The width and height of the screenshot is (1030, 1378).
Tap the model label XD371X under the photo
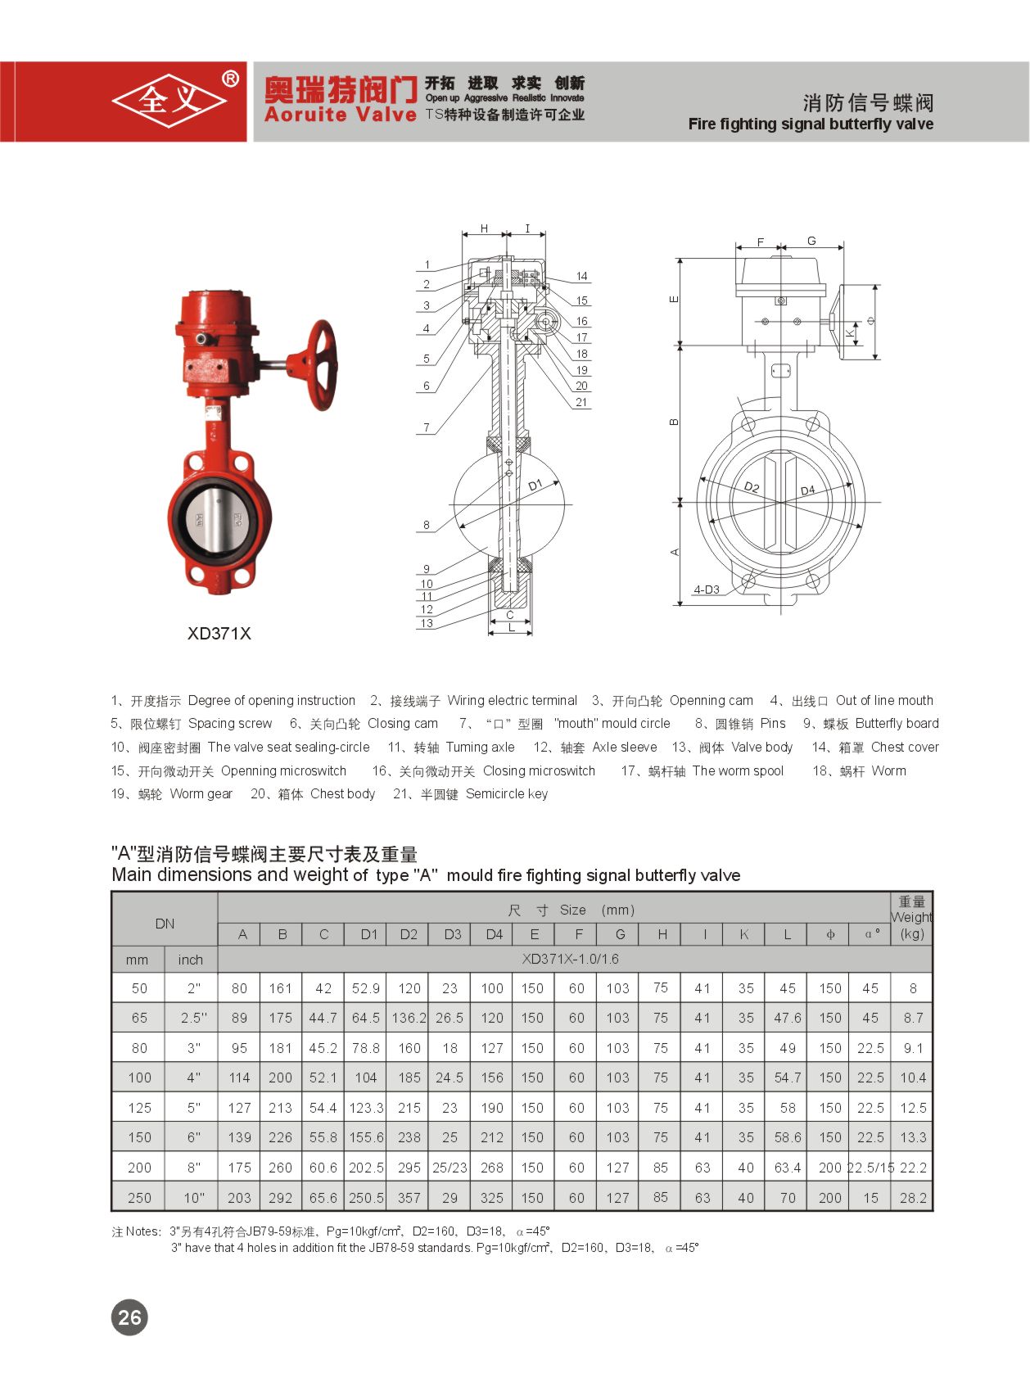click(219, 633)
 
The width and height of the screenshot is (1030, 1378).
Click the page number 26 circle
click(129, 1317)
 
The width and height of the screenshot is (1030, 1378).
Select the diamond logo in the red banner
click(169, 101)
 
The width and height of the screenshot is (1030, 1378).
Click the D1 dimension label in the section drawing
click(535, 486)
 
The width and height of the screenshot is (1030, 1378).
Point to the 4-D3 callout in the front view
click(707, 589)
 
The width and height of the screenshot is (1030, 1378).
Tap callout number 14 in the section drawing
click(581, 276)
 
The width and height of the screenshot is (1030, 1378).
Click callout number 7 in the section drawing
click(427, 427)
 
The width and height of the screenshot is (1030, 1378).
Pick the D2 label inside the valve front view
click(752, 487)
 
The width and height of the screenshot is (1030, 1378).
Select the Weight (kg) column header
click(911, 918)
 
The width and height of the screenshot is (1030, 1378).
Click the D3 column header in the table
click(452, 934)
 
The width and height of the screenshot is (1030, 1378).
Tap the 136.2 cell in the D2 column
click(409, 1018)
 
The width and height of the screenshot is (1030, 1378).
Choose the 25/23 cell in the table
click(449, 1168)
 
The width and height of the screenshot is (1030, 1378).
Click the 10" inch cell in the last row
click(193, 1198)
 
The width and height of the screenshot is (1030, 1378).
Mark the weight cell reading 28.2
click(913, 1198)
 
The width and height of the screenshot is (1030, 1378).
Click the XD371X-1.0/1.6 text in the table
click(571, 959)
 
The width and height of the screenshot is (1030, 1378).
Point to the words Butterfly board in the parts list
click(897, 723)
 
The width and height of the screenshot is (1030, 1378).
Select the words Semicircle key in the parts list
click(507, 793)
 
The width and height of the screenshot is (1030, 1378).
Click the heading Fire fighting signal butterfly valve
click(811, 124)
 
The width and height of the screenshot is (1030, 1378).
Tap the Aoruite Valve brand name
click(341, 115)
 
